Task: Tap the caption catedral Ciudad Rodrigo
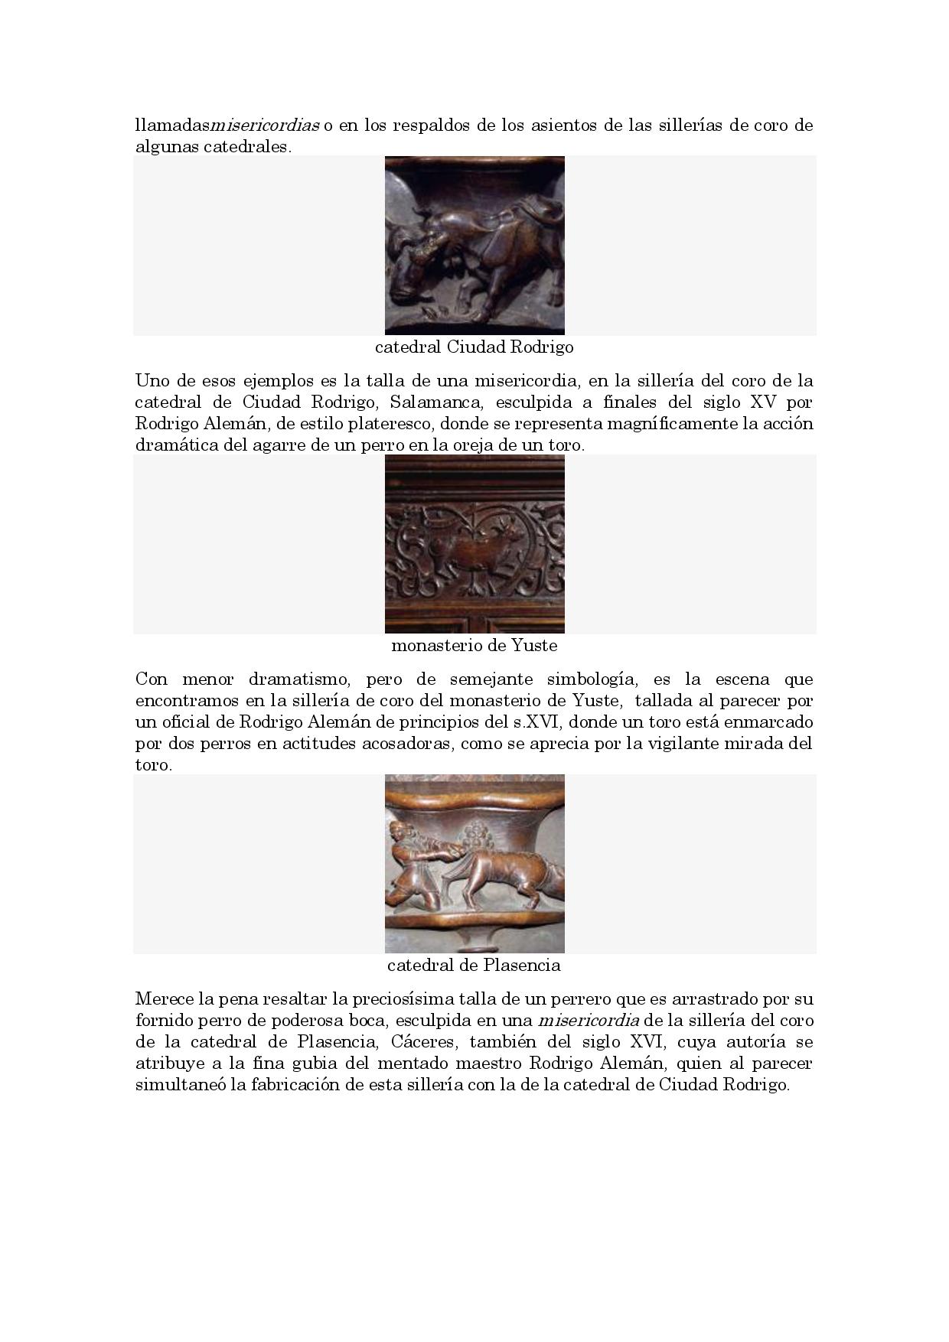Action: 474,347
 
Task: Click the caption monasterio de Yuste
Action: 474,646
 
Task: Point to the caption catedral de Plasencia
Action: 474,966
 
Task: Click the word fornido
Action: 163,1021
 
